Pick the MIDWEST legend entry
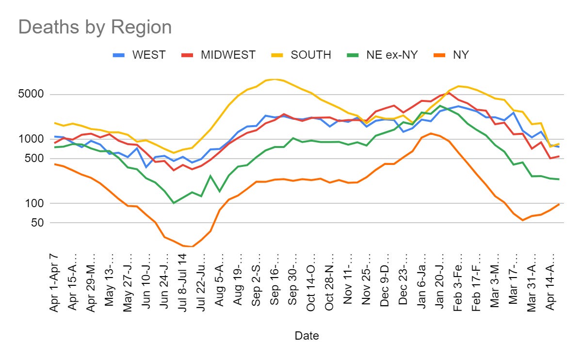pos(228,55)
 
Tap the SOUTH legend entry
pos(310,55)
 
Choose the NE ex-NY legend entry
pos(392,55)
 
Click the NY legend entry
pos(461,55)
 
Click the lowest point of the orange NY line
pos(193,246)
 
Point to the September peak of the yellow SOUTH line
pos(275,79)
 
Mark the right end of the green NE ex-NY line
pos(559,179)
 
